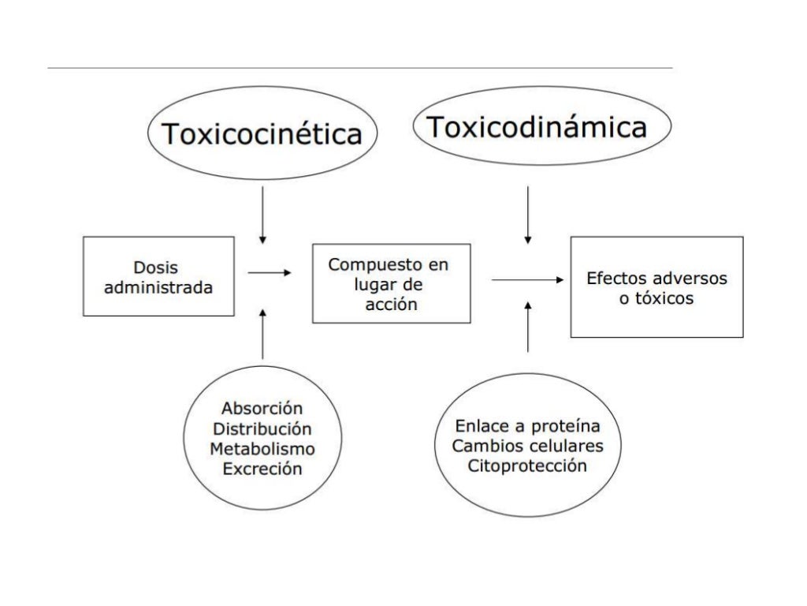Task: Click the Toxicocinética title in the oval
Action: pos(262,135)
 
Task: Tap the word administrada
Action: pos(158,288)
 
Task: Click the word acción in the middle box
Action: pos(391,305)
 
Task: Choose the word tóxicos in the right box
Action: pos(667,299)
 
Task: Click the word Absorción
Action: pos(262,409)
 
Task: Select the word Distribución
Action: pos(262,429)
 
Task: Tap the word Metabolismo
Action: pos(262,449)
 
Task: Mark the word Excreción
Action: pos(262,469)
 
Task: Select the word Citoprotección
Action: pos(527,466)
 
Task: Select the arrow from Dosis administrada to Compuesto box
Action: pos(269,273)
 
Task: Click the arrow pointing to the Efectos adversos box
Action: pos(527,279)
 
